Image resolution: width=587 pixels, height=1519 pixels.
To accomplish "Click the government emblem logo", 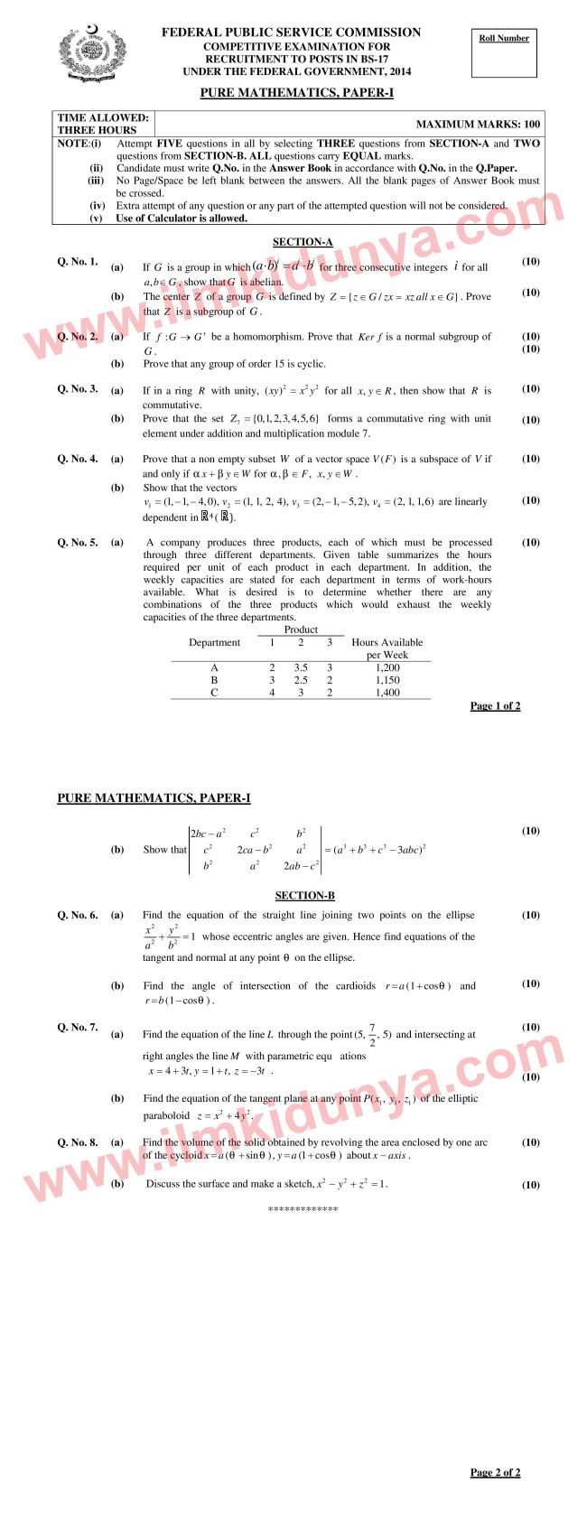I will (x=89, y=54).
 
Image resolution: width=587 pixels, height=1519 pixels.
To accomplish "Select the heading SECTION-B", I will (x=304, y=895).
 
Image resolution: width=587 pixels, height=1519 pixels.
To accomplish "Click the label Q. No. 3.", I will (x=78, y=389).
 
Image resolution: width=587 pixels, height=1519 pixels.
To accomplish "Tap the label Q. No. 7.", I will (x=78, y=1028).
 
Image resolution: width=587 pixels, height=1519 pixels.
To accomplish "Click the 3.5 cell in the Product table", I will (x=301, y=667).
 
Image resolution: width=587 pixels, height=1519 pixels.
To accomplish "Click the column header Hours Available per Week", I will (x=387, y=648).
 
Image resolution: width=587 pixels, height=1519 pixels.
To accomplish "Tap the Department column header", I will (x=214, y=643).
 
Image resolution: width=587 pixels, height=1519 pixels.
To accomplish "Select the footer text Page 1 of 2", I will (x=495, y=705).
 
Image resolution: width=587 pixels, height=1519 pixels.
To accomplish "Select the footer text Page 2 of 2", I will (x=495, y=1472).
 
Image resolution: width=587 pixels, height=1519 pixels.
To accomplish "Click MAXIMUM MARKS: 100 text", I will (x=478, y=125).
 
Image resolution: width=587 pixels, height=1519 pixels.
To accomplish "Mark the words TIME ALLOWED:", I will (x=103, y=117).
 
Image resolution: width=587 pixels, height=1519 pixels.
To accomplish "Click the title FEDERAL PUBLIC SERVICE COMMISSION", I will (x=291, y=33).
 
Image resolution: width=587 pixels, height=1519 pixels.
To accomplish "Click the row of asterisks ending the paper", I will (x=303, y=1208).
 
